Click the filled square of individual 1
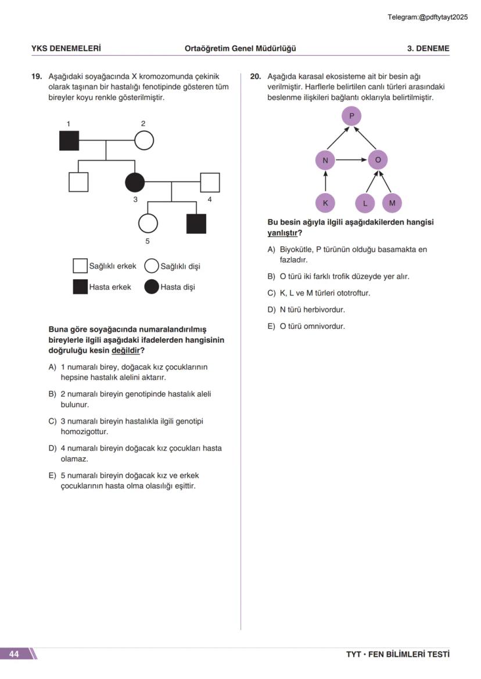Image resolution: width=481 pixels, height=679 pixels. (x=69, y=140)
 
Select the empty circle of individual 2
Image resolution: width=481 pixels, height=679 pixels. (x=144, y=140)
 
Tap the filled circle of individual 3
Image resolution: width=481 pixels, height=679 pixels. (x=135, y=182)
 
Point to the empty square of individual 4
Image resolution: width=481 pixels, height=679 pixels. (x=210, y=182)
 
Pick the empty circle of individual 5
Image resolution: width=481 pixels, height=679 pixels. (x=148, y=223)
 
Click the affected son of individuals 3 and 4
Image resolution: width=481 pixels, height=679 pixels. (x=196, y=223)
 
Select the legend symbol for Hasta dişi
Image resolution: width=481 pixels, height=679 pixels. (x=152, y=287)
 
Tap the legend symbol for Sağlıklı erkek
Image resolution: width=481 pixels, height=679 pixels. (x=80, y=266)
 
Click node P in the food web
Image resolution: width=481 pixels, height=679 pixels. (x=351, y=116)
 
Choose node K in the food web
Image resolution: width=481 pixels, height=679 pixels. (x=325, y=203)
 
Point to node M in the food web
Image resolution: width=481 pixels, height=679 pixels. (x=392, y=203)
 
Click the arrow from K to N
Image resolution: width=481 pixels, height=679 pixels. (x=325, y=181)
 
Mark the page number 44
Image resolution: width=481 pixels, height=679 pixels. (x=14, y=654)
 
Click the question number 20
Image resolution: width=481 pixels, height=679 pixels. (x=255, y=76)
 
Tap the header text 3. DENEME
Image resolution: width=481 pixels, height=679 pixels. (x=428, y=48)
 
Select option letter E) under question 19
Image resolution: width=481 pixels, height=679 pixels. (x=52, y=475)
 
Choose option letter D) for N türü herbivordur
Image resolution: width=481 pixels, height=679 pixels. (x=271, y=310)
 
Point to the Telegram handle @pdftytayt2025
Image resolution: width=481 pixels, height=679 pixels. (x=443, y=17)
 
